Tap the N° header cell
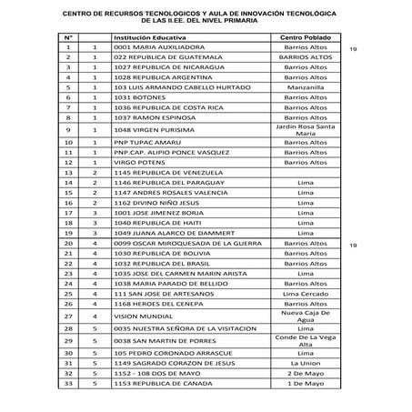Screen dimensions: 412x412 (69, 34)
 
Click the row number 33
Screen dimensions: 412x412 (69, 383)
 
